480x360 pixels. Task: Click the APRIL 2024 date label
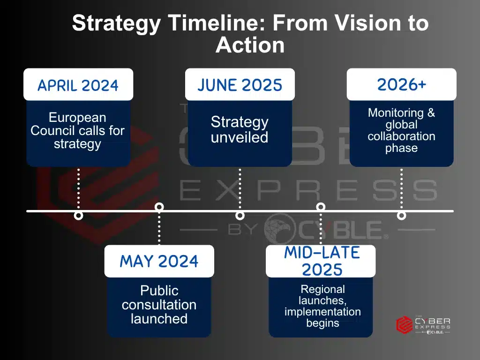click(78, 85)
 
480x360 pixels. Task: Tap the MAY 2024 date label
click(159, 261)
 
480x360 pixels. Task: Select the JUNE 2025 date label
click(240, 85)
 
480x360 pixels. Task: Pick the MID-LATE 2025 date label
click(321, 261)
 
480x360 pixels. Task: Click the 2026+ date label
click(401, 84)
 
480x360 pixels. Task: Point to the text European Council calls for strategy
click(77, 131)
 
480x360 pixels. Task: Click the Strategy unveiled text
click(240, 130)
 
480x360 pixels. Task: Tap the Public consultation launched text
click(159, 305)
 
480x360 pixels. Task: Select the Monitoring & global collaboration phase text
click(401, 130)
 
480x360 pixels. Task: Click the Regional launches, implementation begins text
click(322, 306)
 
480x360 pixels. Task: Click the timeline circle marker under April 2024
click(78, 216)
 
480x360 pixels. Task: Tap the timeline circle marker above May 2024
click(159, 207)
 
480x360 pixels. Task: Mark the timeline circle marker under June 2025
click(240, 216)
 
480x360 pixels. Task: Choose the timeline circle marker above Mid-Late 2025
click(321, 207)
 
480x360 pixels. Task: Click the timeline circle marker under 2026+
click(401, 216)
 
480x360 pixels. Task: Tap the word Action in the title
click(250, 45)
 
